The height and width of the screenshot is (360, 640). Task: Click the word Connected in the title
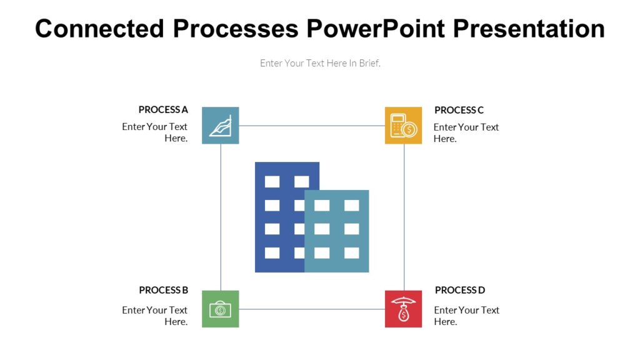99,29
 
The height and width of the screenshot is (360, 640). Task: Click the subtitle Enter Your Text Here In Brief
320,63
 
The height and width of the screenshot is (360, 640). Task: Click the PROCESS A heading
163,110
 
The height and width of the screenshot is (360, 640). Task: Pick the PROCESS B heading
163,290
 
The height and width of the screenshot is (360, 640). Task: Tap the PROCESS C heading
459,110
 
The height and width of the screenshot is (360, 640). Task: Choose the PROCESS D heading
459,290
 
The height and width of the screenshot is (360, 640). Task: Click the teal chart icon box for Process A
220,126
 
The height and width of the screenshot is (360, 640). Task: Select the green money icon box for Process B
220,309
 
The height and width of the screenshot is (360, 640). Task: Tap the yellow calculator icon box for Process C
403,126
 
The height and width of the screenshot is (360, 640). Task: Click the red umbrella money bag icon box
403,309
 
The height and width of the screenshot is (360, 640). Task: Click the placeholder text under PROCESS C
466,132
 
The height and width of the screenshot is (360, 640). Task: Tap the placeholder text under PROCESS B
155,316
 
